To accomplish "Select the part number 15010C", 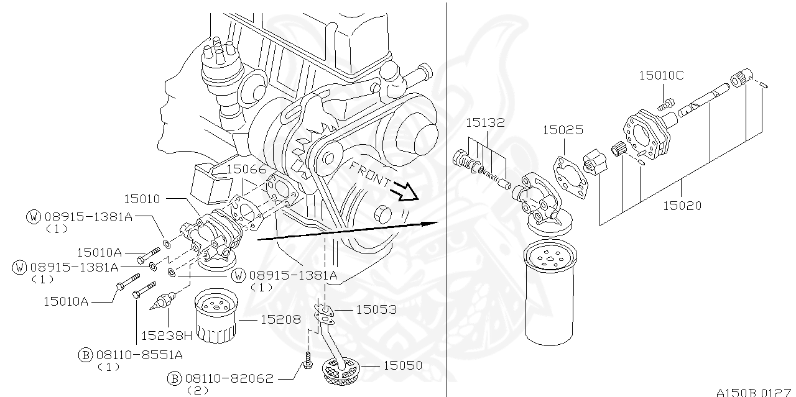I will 661,76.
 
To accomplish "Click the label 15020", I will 682,206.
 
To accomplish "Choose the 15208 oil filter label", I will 280,319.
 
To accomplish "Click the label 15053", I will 376,309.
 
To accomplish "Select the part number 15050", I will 402,365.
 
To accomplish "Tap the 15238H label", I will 166,335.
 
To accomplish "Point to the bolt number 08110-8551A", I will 139,354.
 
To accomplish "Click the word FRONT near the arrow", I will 370,175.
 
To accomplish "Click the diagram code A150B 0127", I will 755,392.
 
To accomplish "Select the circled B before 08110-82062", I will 175,378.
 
